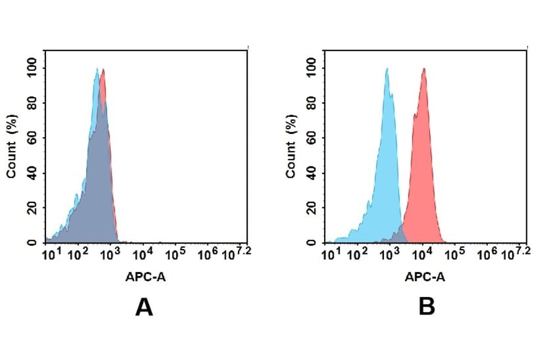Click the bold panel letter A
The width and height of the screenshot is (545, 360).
click(144, 308)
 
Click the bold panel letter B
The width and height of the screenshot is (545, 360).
click(427, 308)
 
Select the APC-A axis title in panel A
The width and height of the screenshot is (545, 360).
click(145, 277)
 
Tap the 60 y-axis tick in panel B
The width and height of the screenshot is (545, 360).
click(311, 138)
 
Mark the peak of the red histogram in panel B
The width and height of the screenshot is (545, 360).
click(424, 68)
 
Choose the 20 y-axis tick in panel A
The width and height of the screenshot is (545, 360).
click(31, 208)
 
